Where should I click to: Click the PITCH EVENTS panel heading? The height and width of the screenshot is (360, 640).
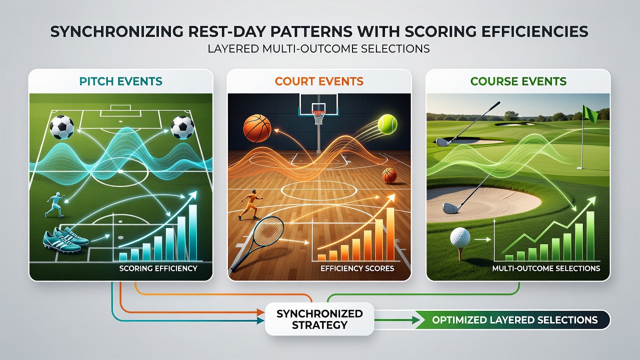[120, 81]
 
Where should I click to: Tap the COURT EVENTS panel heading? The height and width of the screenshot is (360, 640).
[319, 81]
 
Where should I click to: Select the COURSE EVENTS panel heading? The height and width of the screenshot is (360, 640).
[518, 81]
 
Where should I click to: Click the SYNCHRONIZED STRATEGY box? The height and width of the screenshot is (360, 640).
[319, 319]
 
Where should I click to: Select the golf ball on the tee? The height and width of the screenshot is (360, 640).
[460, 237]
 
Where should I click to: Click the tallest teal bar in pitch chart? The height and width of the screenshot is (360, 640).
[193, 232]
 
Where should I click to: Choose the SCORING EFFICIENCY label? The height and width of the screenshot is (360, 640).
[158, 268]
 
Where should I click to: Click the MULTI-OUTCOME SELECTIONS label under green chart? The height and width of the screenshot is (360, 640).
[546, 268]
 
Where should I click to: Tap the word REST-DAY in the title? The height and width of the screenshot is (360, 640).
[229, 31]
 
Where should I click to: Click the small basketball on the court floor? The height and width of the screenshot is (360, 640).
[389, 175]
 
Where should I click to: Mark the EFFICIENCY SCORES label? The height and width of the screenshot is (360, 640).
[357, 268]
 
